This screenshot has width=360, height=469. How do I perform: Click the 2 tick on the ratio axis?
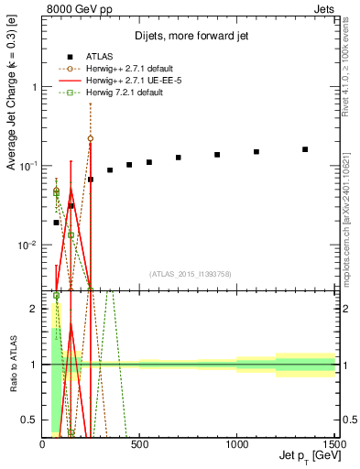[34, 309]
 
